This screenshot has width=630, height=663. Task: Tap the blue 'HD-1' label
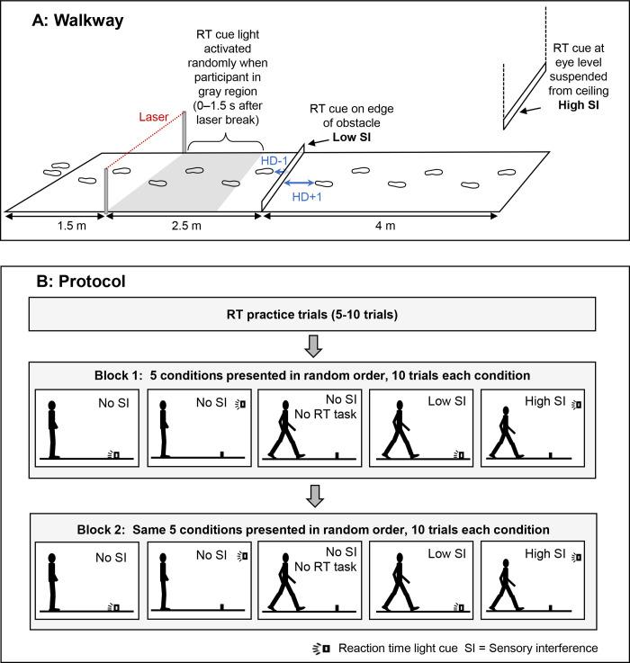274,159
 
